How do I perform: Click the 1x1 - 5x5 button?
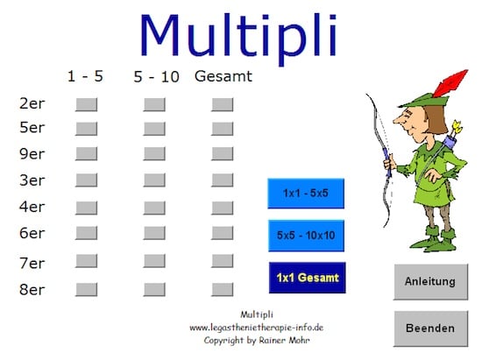tap(306, 194)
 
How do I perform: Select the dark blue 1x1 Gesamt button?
tap(307, 278)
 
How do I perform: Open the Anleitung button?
tap(430, 282)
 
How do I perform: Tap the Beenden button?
tap(430, 328)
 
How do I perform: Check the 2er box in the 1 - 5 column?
tap(87, 105)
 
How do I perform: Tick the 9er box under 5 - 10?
tap(154, 154)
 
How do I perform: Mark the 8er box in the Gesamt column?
tap(223, 290)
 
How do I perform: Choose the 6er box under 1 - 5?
tap(87, 233)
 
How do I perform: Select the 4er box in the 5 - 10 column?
tap(154, 208)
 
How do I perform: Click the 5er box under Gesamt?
tap(223, 129)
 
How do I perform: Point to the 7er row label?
tap(32, 264)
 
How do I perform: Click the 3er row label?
tap(32, 180)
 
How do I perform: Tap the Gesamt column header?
tap(223, 76)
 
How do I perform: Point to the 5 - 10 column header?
tap(157, 77)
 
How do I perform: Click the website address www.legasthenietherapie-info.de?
tap(257, 328)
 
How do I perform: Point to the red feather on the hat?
tap(450, 83)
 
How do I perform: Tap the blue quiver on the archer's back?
tap(450, 142)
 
